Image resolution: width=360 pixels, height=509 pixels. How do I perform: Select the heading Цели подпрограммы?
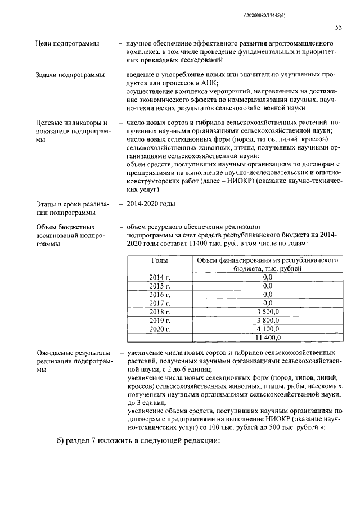(x=64, y=44)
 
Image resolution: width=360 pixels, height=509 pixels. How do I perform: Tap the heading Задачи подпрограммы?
(x=66, y=76)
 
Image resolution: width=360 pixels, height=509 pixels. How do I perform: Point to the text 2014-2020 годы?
(x=151, y=204)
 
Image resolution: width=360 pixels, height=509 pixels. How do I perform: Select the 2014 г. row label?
(x=160, y=277)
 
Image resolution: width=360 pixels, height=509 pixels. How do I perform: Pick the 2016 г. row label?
(x=160, y=294)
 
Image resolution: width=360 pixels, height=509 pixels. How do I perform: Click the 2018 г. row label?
(x=160, y=312)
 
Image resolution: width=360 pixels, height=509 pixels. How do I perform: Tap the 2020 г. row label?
(x=160, y=328)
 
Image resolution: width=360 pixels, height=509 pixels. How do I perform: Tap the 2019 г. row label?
(x=160, y=320)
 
